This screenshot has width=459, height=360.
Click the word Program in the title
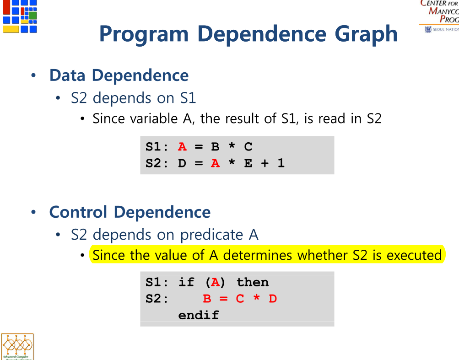tap(144, 34)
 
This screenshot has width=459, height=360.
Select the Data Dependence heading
tap(119, 75)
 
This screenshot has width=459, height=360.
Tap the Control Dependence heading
tap(130, 212)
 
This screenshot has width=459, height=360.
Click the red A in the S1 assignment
tap(183, 147)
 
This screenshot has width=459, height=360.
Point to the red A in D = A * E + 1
tap(215, 163)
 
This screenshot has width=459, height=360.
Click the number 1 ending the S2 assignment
tap(281, 163)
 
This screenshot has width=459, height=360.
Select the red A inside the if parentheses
tap(215, 282)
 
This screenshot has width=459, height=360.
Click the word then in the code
tap(252, 282)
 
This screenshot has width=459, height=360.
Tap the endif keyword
tap(199, 315)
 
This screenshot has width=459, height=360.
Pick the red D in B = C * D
tap(273, 299)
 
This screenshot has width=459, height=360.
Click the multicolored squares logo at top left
tap(20, 16)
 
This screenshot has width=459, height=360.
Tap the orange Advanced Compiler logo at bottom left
tap(17, 347)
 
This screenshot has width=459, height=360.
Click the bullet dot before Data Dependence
tap(32, 75)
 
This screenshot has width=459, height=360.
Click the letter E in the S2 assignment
tap(248, 163)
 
